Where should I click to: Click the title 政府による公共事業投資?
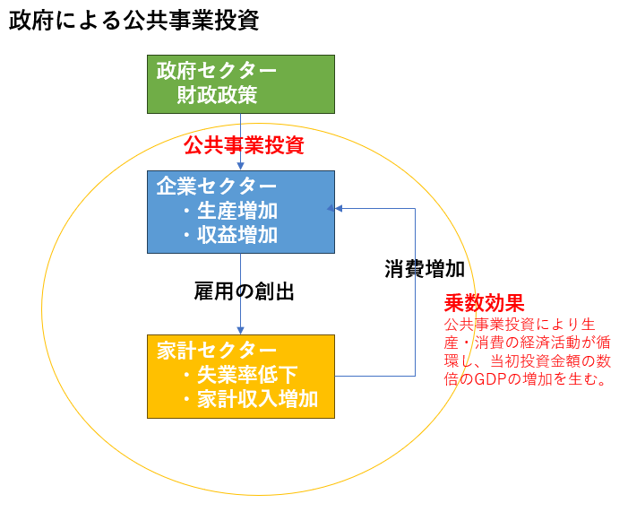134,21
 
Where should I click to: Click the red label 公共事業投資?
244,145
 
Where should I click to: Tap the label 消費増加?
425,269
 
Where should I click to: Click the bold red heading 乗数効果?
485,303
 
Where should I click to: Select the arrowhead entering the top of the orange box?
240,329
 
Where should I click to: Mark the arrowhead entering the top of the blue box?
240,166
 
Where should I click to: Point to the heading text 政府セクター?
217,71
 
